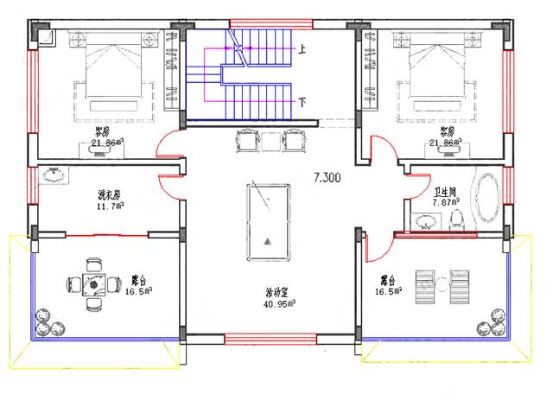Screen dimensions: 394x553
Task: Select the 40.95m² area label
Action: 281,303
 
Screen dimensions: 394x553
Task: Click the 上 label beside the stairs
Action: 302,50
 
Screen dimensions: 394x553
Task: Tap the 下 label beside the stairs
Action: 302,102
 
